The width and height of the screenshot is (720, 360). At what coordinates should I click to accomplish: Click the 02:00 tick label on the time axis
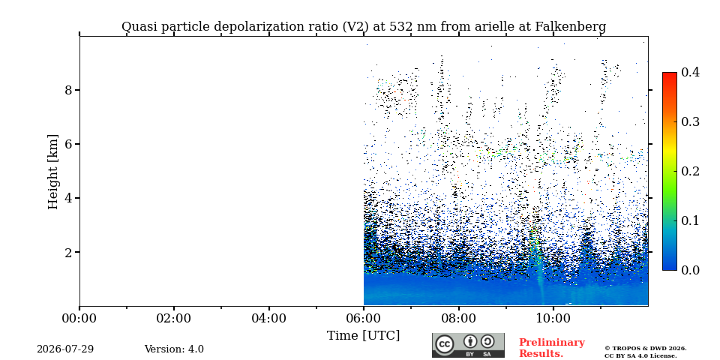(174, 318)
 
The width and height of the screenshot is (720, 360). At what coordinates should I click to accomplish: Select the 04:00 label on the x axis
(268, 318)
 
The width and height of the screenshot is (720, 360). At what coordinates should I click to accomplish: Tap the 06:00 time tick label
(364, 318)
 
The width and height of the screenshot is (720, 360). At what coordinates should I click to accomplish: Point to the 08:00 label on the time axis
(458, 318)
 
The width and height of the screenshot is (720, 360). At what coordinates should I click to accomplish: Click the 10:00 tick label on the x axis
(553, 318)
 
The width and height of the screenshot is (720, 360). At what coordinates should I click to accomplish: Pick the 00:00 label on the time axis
(79, 318)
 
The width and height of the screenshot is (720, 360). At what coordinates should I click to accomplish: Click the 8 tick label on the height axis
(69, 90)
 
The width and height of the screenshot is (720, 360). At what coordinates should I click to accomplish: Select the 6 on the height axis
(69, 144)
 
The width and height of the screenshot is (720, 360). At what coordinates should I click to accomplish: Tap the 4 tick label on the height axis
(69, 198)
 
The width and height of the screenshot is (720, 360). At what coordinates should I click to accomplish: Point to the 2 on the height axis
(69, 253)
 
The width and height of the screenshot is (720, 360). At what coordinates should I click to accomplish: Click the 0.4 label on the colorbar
(690, 72)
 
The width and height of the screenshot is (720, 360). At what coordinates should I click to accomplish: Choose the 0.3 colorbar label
(690, 121)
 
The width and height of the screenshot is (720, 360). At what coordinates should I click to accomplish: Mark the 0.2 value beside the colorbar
(690, 171)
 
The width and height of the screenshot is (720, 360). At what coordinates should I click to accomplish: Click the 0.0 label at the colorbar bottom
(690, 270)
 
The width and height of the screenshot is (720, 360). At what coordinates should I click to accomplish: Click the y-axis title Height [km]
(53, 172)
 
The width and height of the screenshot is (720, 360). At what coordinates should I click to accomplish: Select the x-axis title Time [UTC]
(363, 336)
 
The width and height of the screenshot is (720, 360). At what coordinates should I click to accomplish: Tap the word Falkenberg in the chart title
(571, 27)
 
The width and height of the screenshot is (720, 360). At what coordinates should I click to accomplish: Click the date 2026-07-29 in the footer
(65, 349)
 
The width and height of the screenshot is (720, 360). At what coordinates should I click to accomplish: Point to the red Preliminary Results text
(552, 348)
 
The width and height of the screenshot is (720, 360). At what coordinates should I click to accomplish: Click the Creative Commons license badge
(468, 345)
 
